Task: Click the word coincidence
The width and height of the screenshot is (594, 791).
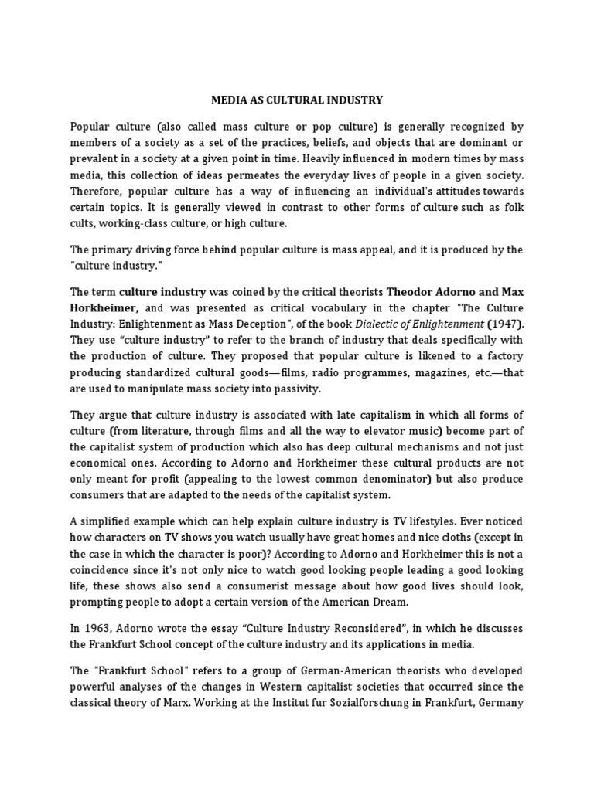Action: point(106,570)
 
